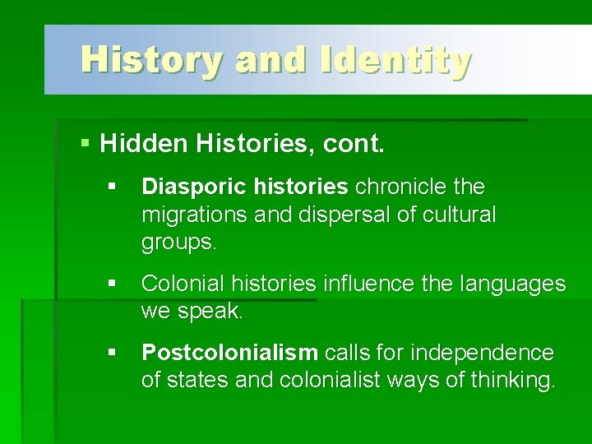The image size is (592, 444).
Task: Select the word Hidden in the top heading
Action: [145, 145]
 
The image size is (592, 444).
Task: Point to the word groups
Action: [177, 243]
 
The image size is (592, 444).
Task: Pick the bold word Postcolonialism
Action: [229, 353]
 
